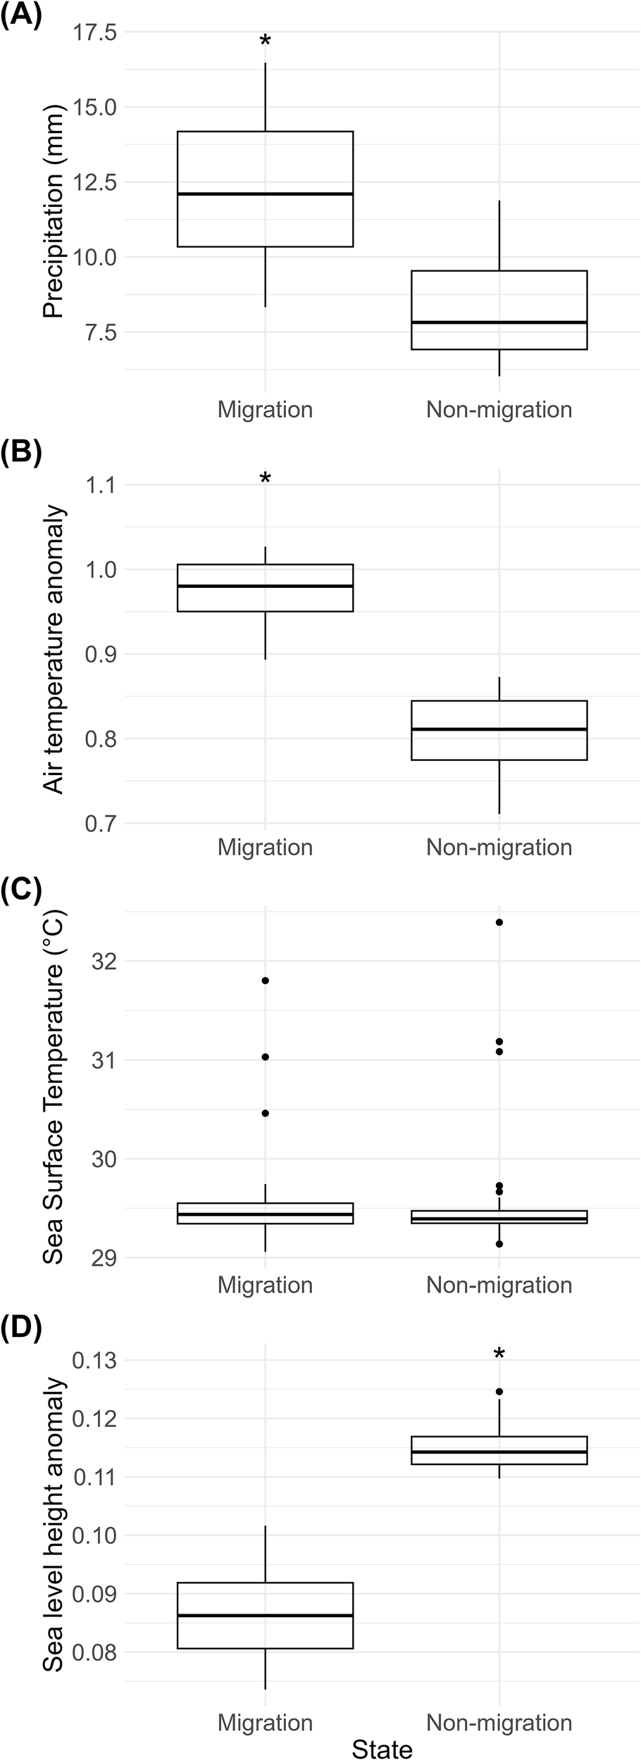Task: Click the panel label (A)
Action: (21, 15)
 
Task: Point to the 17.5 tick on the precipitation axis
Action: (95, 32)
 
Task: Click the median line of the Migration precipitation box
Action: (265, 194)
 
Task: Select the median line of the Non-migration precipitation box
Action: (499, 322)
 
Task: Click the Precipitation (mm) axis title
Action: (54, 210)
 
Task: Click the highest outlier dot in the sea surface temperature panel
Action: (499, 922)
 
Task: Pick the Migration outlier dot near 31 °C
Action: (265, 1057)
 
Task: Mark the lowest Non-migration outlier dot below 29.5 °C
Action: (499, 1244)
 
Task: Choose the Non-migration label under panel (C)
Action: (499, 1285)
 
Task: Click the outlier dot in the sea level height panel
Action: (499, 1392)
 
